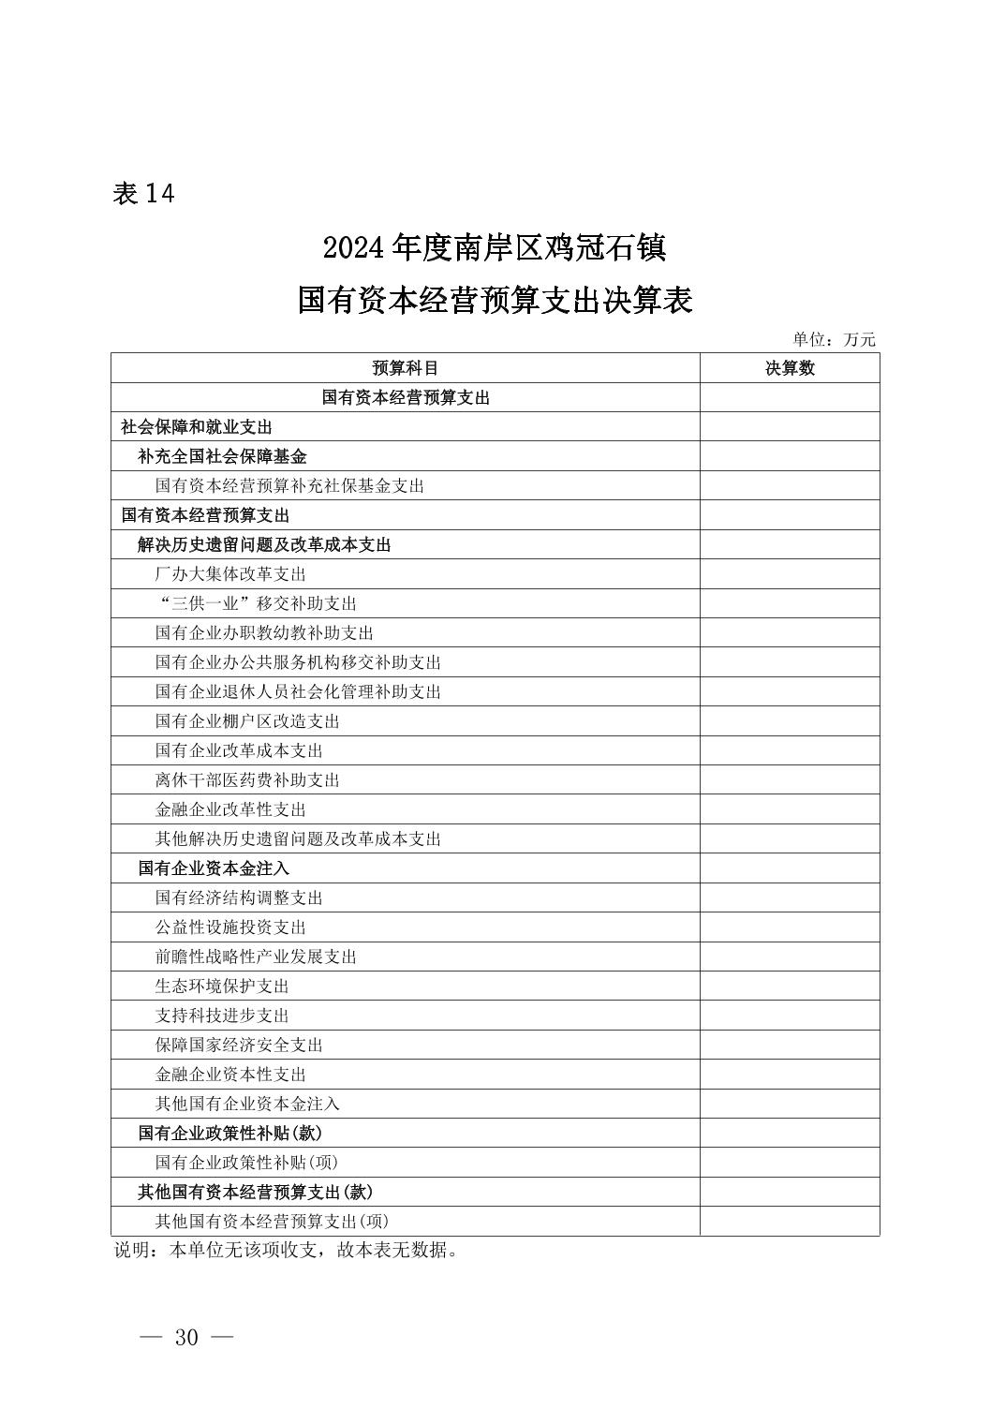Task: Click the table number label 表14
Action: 143,193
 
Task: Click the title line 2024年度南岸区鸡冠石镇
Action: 494,248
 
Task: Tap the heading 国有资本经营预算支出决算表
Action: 495,301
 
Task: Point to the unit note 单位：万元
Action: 834,339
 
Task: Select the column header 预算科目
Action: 405,368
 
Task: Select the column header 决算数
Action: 789,368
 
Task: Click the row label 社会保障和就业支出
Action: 197,427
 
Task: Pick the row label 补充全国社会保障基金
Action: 222,456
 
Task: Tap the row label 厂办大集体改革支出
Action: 230,574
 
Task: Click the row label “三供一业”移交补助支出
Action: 256,603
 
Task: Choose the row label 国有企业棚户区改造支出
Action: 247,721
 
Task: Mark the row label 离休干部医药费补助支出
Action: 247,780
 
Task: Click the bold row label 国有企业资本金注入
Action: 214,868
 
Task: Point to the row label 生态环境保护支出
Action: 222,986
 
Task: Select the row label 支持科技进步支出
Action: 222,1016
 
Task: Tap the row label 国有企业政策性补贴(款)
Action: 230,1133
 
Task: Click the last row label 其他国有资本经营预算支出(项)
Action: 272,1221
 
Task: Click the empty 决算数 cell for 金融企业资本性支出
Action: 789,1075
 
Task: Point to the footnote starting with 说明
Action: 286,1250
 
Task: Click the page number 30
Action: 186,1337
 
